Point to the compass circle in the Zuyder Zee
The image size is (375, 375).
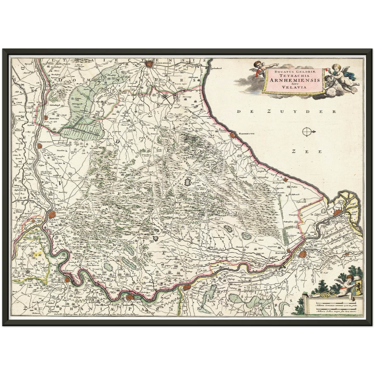[x=306, y=132]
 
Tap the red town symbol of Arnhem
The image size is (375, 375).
[x=52, y=215]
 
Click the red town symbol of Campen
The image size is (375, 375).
[x=338, y=213]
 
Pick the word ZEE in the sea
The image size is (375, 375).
[x=306, y=152]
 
